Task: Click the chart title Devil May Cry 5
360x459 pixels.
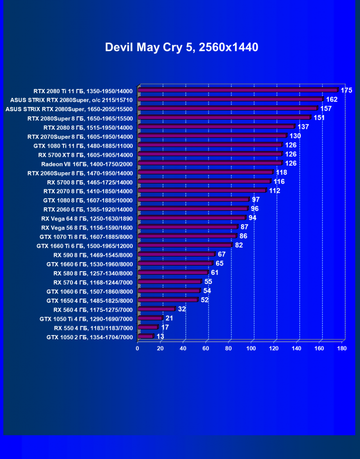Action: coord(181,47)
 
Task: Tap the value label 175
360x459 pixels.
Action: coord(346,90)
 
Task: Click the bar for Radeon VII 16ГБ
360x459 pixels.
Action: coord(210,163)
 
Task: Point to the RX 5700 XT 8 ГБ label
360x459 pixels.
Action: coord(86,155)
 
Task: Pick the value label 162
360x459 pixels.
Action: coord(332,99)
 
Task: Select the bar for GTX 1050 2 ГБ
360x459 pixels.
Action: coord(145,336)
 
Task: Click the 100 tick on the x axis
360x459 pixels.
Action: coord(251,348)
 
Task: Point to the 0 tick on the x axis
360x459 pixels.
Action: coord(137,348)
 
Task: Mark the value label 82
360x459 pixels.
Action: coord(239,245)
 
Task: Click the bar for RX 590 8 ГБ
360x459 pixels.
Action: coord(176,255)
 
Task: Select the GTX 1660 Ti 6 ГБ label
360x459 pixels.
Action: coord(85,246)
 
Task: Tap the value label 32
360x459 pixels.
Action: coord(182,309)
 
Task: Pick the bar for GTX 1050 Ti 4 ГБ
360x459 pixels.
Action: coord(150,318)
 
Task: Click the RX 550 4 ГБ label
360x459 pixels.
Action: coord(93,327)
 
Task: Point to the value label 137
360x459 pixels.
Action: coord(303,127)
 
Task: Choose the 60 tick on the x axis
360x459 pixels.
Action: coord(206,348)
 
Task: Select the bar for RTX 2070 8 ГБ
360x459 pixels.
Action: coord(202,191)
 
